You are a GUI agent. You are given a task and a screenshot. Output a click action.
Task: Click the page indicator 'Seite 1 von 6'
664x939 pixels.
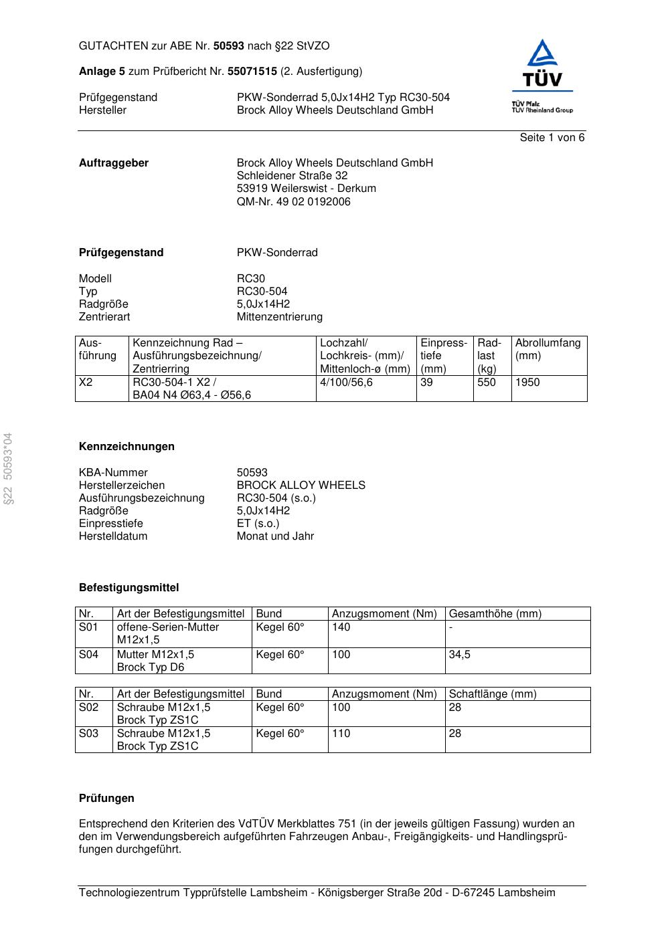552,138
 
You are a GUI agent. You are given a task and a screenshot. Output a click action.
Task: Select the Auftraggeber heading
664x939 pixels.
114,163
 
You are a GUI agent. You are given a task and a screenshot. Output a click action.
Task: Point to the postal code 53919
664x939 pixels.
252,189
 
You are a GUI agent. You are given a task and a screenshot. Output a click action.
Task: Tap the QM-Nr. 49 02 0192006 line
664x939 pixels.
293,201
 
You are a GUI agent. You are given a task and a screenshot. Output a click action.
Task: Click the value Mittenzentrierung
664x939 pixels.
279,317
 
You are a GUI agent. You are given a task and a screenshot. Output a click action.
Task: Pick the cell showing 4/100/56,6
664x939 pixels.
346,383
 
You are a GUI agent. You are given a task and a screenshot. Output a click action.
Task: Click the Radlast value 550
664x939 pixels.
487,383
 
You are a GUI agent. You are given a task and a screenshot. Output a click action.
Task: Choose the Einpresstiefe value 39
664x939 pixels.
426,383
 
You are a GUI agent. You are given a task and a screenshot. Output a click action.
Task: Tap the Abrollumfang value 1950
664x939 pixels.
527,383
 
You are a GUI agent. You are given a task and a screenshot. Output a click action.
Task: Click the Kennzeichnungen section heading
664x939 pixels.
127,447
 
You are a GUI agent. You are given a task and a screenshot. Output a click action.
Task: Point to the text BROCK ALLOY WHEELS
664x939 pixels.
301,486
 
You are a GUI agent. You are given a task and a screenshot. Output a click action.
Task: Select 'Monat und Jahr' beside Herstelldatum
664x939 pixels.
275,536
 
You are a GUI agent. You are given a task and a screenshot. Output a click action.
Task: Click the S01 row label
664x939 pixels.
88,627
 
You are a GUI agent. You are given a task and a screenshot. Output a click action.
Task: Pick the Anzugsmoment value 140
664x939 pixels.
341,627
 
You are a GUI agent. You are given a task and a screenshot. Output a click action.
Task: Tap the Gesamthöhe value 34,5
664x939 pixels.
459,655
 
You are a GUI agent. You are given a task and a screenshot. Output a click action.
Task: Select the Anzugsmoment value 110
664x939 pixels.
341,734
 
